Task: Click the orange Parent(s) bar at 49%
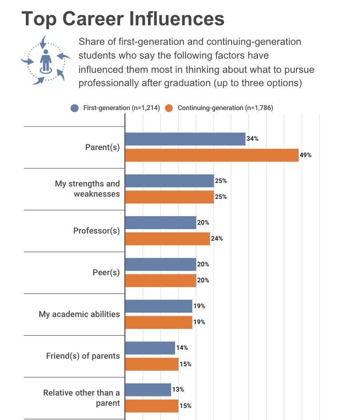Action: [212, 155]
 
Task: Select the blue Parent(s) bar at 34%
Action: [185, 139]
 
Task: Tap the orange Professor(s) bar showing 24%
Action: [167, 239]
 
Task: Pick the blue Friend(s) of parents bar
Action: [150, 348]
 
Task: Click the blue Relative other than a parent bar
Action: [148, 390]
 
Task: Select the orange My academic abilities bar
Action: [159, 322]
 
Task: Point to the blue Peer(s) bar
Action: [160, 264]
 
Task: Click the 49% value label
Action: [306, 155]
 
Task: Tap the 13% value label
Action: [178, 390]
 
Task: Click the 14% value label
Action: [182, 348]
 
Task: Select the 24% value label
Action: [217, 239]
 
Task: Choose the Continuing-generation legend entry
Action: [219, 108]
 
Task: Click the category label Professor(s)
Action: [96, 231]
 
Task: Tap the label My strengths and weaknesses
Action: [88, 189]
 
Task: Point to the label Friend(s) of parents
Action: [83, 356]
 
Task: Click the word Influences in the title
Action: [174, 19]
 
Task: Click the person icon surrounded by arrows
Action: [45, 61]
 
